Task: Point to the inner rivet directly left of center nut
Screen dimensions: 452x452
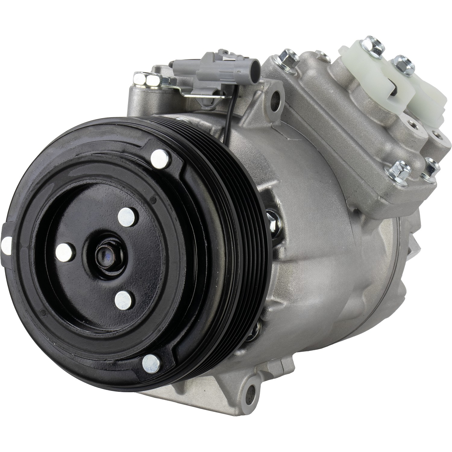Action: coord(64,251)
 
